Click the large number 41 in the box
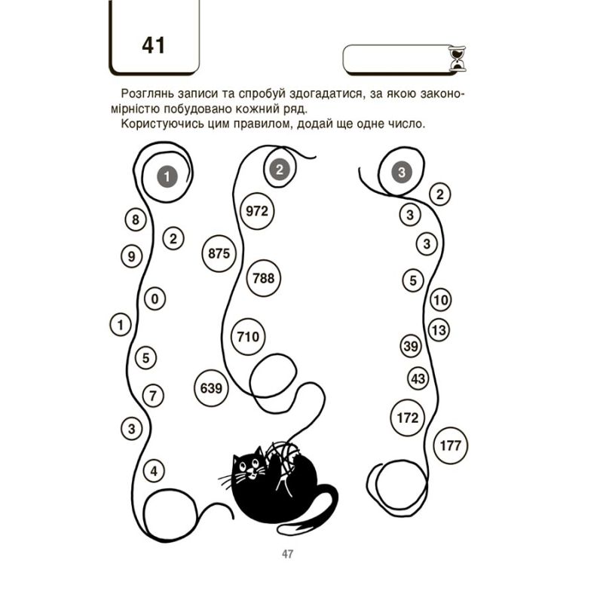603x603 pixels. pos(154,45)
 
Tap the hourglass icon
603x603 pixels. pos(458,59)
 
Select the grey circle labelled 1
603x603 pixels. pos(167,176)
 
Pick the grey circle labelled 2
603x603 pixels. pos(280,170)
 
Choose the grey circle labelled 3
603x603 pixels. pos(402,173)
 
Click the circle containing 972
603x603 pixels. pos(257,211)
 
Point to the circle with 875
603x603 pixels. pos(219,253)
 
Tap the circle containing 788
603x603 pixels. pos(264,278)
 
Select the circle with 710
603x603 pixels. pos(249,337)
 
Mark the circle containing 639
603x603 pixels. pos(211,388)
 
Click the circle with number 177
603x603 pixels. pos(450,445)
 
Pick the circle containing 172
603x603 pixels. pos(407,418)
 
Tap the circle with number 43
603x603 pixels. pos(418,379)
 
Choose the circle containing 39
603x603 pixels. pos(411,346)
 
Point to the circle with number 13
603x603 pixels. pos(439,330)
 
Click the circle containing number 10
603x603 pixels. pos(441,300)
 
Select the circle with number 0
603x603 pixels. pos(155,298)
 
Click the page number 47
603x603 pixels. pos(288,554)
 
